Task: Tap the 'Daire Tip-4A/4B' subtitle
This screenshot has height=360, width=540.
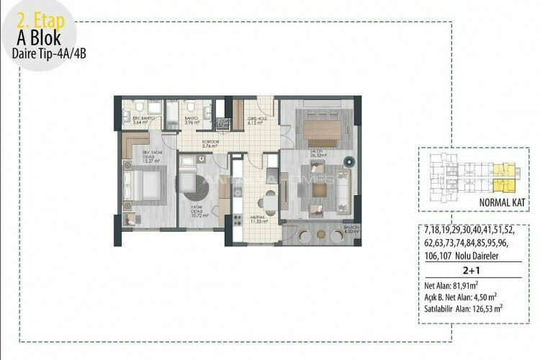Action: pyautogui.click(x=42, y=53)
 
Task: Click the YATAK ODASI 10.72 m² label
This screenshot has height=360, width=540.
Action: pyautogui.click(x=199, y=212)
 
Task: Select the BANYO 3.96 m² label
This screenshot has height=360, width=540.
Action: pyautogui.click(x=191, y=120)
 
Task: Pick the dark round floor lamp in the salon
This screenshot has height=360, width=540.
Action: pyautogui.click(x=349, y=160)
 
